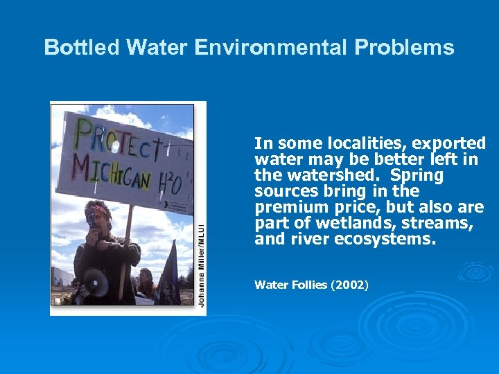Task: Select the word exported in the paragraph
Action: click(450, 144)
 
